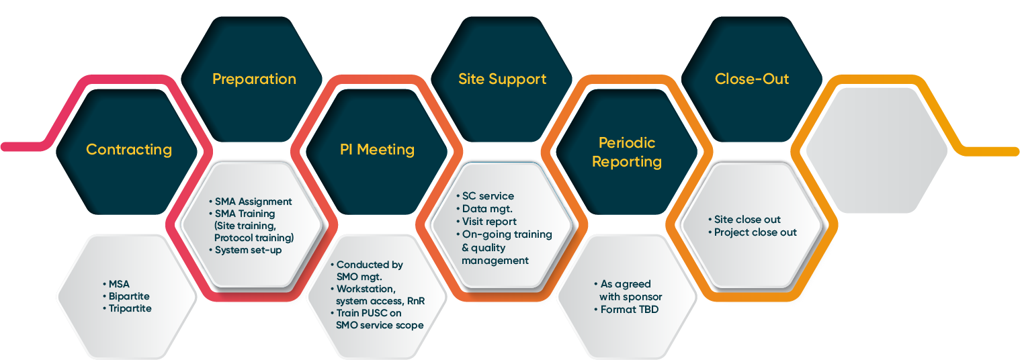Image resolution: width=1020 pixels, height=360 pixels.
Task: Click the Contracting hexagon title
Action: (128, 149)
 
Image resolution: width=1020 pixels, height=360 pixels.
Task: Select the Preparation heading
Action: (254, 79)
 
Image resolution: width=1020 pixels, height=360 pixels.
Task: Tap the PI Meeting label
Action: (376, 149)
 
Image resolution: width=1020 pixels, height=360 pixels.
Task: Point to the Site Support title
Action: (502, 79)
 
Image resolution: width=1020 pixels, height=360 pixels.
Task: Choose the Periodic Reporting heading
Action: (627, 152)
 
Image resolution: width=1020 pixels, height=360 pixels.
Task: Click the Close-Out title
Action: (752, 79)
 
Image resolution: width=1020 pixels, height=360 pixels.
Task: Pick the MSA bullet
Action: (119, 284)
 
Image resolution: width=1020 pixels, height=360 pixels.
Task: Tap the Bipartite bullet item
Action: (128, 296)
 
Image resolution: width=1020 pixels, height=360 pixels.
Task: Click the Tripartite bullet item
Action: (130, 308)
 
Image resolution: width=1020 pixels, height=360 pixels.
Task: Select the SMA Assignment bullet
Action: (253, 201)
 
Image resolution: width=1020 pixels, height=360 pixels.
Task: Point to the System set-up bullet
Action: (247, 250)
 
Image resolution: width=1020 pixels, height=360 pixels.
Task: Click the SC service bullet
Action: (487, 196)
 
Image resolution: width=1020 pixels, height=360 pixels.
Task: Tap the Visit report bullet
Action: (489, 222)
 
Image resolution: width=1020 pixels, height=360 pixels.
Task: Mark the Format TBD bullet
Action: (629, 310)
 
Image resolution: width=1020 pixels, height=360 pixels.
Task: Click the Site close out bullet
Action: (747, 220)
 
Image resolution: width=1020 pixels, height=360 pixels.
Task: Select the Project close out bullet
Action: (755, 232)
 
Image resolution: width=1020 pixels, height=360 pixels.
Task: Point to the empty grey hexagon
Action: (876, 148)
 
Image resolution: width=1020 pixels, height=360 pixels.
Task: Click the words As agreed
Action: (626, 284)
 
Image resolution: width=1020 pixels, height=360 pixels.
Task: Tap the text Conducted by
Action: (370, 265)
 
